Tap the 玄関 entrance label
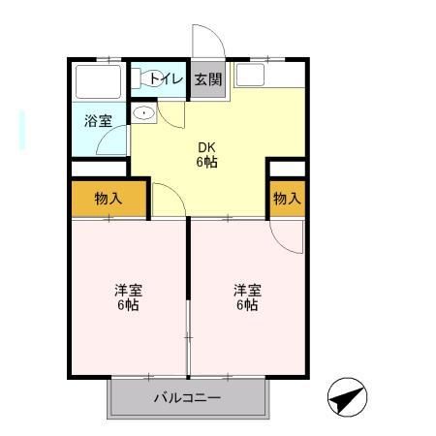pos(206,79)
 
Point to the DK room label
pos(206,147)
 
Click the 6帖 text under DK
pos(206,162)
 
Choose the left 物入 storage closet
pos(108,199)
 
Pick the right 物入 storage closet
pos(286,199)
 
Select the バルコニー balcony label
pos(188,398)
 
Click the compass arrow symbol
pos(348,397)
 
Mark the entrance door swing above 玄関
pos(206,43)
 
